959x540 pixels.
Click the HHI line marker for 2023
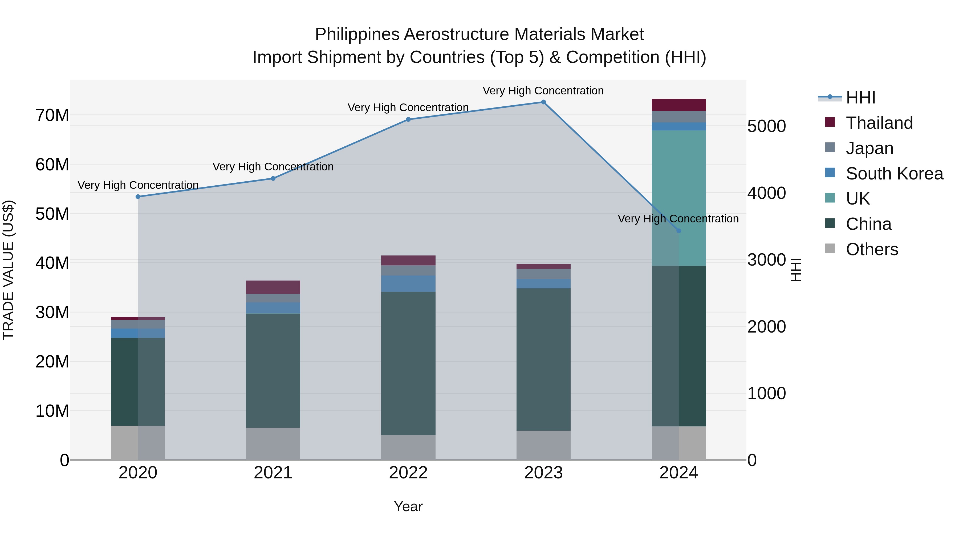click(543, 102)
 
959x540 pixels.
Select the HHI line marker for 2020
click(138, 197)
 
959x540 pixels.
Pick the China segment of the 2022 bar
click(408, 363)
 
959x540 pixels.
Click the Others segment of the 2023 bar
click(543, 445)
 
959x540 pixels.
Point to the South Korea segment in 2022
click(408, 284)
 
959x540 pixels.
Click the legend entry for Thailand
click(879, 123)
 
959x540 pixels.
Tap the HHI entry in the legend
click(860, 98)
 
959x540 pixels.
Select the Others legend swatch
click(830, 249)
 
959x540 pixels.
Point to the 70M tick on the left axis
click(52, 115)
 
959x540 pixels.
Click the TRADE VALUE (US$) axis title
click(8, 270)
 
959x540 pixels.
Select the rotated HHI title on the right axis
click(795, 270)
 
